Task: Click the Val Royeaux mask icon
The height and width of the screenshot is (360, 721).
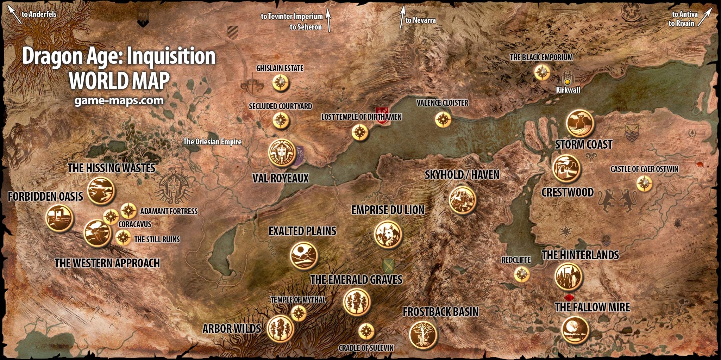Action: [x=282, y=153]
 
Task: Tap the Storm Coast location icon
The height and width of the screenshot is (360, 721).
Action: [x=580, y=123]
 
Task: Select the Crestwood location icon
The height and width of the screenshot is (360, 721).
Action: [x=566, y=169]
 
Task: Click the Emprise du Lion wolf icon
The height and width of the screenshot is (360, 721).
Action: [x=388, y=235]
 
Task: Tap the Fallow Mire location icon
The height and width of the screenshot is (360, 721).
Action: [x=575, y=330]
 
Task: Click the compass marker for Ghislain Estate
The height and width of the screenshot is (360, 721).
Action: [x=281, y=83]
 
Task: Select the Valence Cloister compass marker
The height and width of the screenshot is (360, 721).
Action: [x=443, y=119]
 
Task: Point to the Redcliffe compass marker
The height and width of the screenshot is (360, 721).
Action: [x=521, y=274]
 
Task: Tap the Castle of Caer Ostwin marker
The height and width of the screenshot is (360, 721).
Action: [x=644, y=184]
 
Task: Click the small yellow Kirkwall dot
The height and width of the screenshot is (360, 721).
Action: [x=567, y=82]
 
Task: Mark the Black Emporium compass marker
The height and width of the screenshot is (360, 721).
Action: [x=542, y=73]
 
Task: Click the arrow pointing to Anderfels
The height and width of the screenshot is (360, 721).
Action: [x=14, y=15]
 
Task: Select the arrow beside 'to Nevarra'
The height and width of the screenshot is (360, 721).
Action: [x=402, y=17]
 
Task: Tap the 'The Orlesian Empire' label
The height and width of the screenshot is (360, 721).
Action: [x=212, y=142]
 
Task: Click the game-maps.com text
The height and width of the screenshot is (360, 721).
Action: [x=119, y=101]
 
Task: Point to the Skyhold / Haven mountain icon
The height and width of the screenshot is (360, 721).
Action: [x=463, y=200]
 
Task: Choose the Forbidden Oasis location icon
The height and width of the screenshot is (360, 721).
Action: [x=59, y=218]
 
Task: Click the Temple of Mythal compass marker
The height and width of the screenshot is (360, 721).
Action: [x=299, y=313]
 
